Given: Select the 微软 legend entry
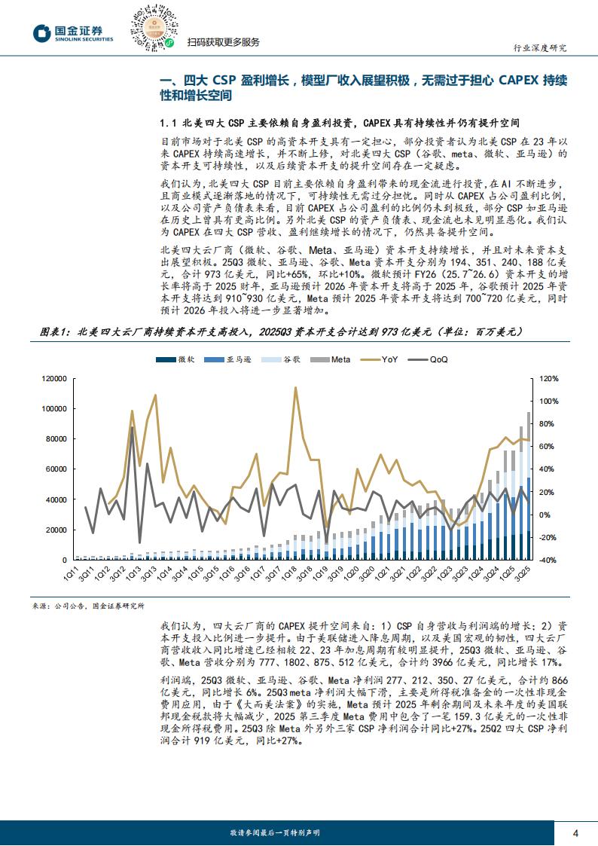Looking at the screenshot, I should point(178,360).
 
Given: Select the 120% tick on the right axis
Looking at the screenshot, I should point(549,379).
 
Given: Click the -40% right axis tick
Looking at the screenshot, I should point(549,560).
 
